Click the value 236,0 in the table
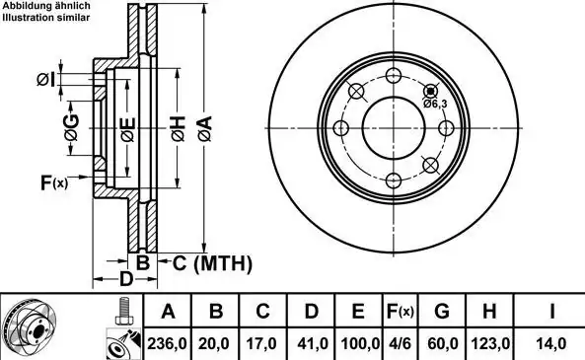point(167,343)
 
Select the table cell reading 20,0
point(214,343)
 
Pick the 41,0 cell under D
point(313,343)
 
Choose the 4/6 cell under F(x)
point(400,343)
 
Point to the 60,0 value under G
point(443,343)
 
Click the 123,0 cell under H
point(490,343)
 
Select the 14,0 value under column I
point(551,343)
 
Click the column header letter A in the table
point(169,311)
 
